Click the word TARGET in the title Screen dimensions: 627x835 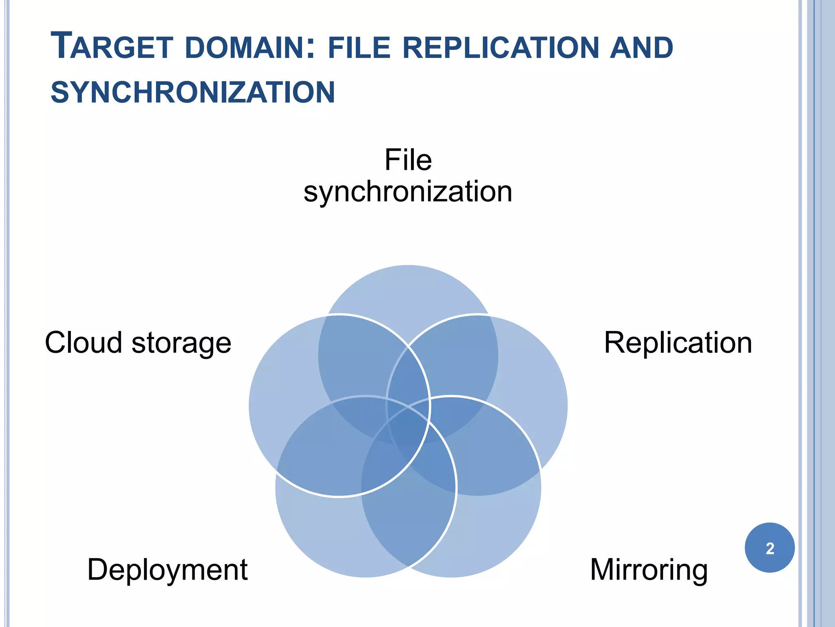coord(112,47)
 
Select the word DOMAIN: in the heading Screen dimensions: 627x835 coord(250,47)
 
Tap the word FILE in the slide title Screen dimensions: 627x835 coord(359,47)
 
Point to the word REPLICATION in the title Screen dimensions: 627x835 coord(500,47)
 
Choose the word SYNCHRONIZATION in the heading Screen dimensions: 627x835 coord(192,92)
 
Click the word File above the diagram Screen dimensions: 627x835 coord(408,160)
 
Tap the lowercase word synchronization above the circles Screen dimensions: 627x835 coord(408,191)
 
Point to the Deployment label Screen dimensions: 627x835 coord(167,569)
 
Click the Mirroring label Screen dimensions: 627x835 coord(649,569)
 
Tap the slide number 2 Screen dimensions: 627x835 coord(770,548)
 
